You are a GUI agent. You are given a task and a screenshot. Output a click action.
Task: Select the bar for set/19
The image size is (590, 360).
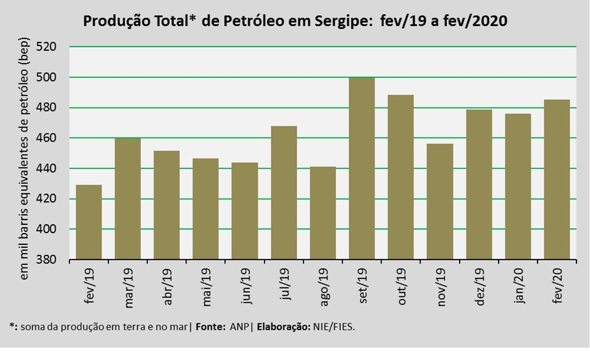pos(362,168)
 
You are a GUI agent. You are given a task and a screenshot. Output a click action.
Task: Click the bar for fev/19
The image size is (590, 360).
pos(89,222)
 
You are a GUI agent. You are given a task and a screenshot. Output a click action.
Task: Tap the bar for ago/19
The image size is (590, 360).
pos(323,213)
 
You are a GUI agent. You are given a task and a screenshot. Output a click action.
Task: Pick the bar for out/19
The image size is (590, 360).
pos(401,177)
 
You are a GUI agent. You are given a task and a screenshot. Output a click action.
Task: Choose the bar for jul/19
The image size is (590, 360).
pos(284,193)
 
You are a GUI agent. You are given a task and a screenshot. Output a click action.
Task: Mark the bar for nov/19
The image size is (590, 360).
pos(440,201)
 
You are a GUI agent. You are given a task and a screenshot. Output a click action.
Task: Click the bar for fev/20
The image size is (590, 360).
pos(557,179)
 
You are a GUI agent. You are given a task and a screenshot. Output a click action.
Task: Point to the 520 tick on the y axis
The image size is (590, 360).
pos(46,47)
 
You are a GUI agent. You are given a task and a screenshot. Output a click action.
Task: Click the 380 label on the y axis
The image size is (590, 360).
pos(46,260)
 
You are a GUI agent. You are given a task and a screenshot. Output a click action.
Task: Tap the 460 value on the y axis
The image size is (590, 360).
pos(46,138)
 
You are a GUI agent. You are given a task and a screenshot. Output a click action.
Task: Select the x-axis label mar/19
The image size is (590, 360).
pos(128,288)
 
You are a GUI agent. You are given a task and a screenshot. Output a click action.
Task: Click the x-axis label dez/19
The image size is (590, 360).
pos(479,287)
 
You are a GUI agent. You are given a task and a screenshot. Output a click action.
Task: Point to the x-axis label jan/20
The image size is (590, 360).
pos(518,286)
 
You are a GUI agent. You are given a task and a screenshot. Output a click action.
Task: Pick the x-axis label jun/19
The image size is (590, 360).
pos(245,286)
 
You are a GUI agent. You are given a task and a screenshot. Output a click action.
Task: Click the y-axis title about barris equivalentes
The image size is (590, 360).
pos(24,159)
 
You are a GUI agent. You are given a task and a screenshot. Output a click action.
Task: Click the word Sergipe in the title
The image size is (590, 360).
pos(339,21)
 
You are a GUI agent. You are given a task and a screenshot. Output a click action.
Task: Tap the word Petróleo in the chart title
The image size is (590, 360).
pos(254,20)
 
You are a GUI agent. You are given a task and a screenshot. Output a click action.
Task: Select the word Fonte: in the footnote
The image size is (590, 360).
pos(211,327)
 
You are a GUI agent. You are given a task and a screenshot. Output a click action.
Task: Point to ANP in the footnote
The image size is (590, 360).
pos(239,327)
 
